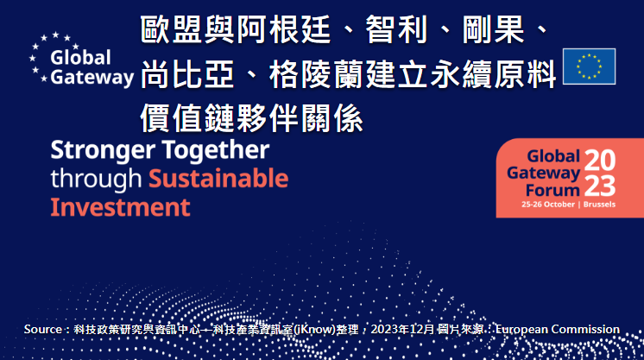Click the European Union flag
[x=589, y=66]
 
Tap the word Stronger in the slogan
[x=103, y=150]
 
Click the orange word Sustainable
[x=218, y=179]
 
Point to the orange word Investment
[x=120, y=207]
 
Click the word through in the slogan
[x=96, y=180]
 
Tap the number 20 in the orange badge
[x=600, y=160]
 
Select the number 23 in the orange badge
[x=600, y=186]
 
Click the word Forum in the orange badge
[x=552, y=190]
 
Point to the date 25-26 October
[x=548, y=205]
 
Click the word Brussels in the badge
[x=599, y=205]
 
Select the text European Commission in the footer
[x=558, y=329]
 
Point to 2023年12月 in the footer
[x=402, y=329]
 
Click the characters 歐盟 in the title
[x=171, y=29]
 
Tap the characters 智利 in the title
[x=396, y=29]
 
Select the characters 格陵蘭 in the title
[x=316, y=74]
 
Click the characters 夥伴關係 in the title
[x=300, y=119]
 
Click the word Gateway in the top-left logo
[x=92, y=77]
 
